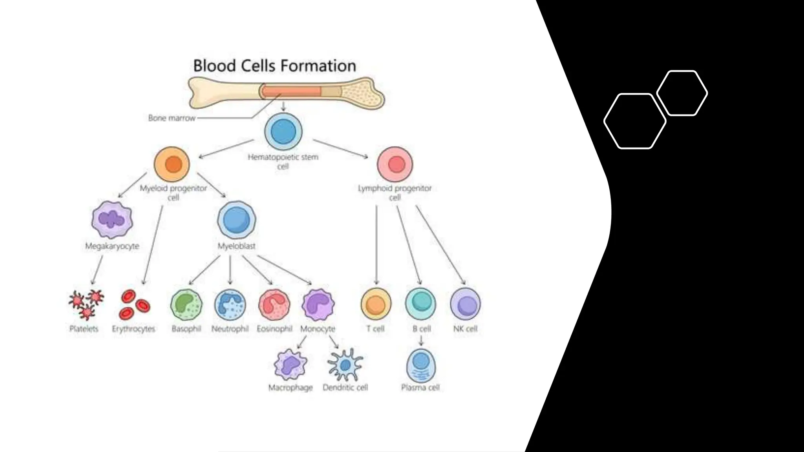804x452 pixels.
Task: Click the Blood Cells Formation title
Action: (x=274, y=66)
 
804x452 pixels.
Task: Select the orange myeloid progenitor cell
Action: (x=172, y=164)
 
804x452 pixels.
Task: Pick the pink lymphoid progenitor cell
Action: (x=395, y=164)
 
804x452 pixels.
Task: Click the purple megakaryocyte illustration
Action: (x=112, y=220)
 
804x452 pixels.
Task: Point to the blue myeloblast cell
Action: (x=236, y=220)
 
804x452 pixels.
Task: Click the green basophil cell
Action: (x=186, y=305)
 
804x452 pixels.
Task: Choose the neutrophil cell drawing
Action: (x=230, y=305)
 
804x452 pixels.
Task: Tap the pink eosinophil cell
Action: (x=274, y=305)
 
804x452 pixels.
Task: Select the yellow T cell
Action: (x=376, y=304)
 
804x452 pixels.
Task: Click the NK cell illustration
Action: (x=465, y=304)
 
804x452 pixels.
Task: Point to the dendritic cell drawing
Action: (x=345, y=365)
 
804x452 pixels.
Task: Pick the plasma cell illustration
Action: (x=421, y=365)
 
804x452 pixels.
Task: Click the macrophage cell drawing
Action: (x=291, y=365)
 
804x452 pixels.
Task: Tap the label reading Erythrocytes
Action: (x=133, y=329)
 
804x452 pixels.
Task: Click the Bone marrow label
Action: (x=172, y=118)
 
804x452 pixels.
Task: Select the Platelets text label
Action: (x=84, y=329)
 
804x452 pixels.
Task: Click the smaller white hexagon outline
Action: (x=682, y=93)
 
